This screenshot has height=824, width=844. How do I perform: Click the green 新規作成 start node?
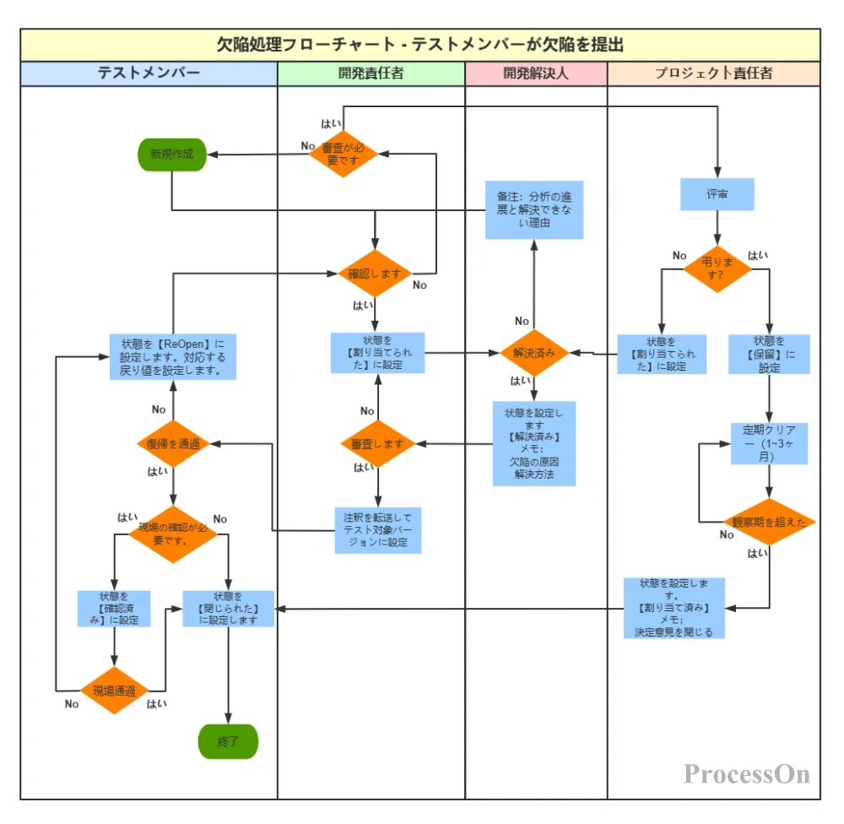(172, 154)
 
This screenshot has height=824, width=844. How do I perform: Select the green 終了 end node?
(228, 742)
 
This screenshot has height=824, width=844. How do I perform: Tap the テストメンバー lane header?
(149, 73)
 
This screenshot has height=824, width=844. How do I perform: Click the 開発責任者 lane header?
(371, 73)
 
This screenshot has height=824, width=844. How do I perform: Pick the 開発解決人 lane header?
(536, 73)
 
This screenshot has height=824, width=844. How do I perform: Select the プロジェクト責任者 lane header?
(713, 73)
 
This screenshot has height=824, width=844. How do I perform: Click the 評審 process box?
(717, 194)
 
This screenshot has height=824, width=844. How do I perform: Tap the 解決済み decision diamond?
(534, 353)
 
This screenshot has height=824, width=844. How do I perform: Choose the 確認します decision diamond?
(375, 274)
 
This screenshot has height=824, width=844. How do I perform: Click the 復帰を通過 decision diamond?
(173, 444)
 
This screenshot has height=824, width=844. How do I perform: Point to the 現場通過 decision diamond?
(114, 690)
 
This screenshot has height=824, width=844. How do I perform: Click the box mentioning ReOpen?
(172, 356)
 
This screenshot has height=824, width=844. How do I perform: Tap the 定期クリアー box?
(769, 443)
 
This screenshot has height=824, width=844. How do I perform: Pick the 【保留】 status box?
(769, 355)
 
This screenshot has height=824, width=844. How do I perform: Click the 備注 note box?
(533, 209)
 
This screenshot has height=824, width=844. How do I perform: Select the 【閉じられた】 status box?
(229, 608)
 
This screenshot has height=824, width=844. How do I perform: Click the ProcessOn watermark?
(747, 773)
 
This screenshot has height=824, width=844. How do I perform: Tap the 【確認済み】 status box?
(114, 608)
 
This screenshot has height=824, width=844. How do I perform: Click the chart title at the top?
(420, 45)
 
